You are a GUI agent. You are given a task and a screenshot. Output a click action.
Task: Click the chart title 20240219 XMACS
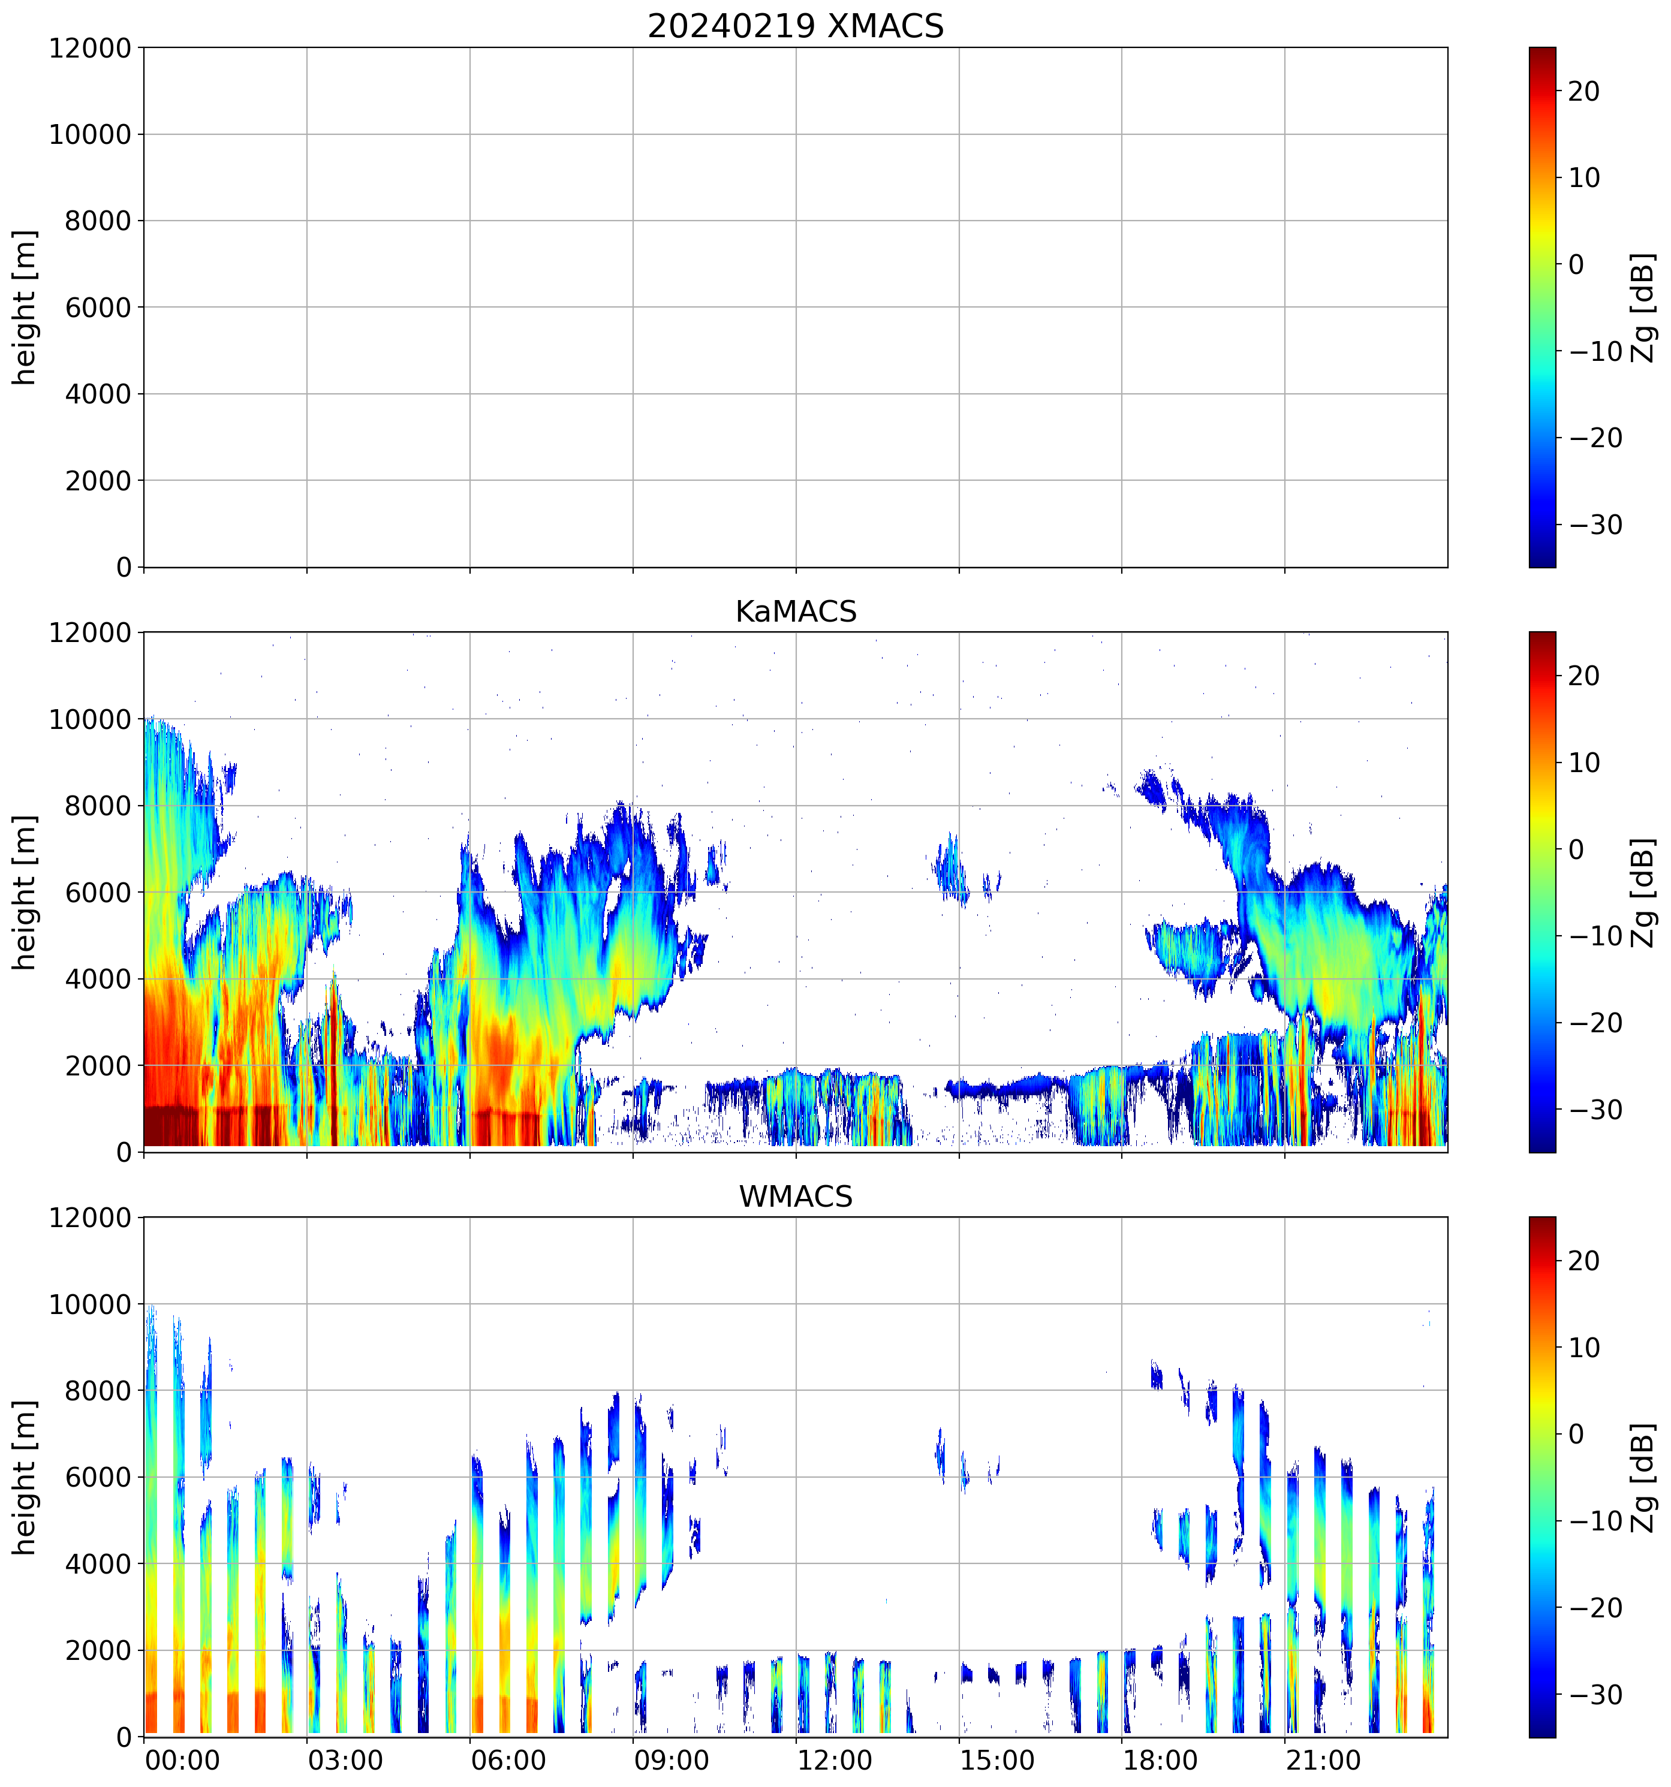pos(796,26)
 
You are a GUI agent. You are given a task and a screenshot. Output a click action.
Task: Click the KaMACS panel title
pos(796,611)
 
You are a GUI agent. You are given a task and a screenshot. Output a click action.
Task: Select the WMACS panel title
pos(796,1197)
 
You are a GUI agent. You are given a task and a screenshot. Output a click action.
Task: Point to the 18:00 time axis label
pos(1160,1759)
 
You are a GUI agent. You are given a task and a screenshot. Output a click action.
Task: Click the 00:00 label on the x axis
pos(182,1759)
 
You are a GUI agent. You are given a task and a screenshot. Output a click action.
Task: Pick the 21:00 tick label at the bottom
pos(1322,1759)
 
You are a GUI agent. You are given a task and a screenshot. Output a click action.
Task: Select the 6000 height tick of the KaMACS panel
pos(98,893)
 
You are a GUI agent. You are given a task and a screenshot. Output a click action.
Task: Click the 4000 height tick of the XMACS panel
pos(98,394)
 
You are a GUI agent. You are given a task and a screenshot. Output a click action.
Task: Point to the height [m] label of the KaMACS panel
pos(25,892)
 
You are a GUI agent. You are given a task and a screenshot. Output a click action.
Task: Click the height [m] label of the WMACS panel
pos(25,1477)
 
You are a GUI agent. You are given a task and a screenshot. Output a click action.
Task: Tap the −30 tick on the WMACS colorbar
pos(1595,1695)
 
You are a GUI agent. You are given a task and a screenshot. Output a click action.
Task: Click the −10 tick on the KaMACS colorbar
pos(1595,936)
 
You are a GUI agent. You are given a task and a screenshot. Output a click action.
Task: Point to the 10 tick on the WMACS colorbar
pos(1584,1348)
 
